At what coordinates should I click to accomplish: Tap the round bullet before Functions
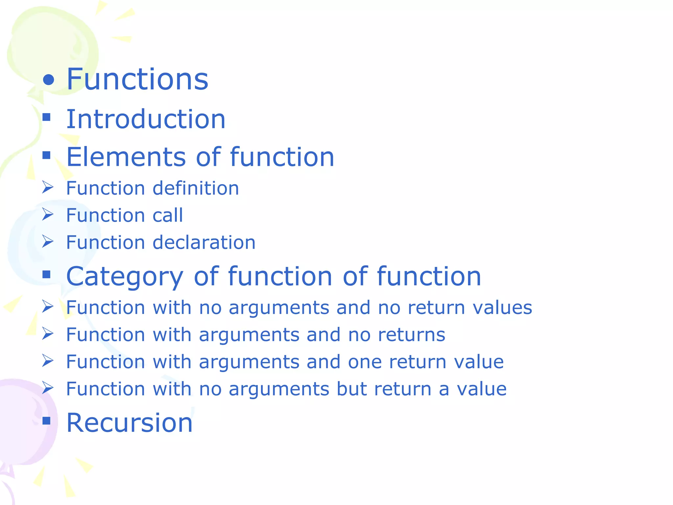coord(49,80)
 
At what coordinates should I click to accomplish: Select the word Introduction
coord(146,119)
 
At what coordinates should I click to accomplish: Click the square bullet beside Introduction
coord(47,117)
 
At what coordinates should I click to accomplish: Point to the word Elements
coord(126,157)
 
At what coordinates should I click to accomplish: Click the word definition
coord(196,188)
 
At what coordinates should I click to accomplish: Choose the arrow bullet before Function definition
coord(48,187)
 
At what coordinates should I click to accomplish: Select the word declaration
coord(204,243)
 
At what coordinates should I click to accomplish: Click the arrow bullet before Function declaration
coord(48,242)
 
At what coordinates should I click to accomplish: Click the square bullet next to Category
coord(47,274)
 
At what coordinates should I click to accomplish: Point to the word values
coord(502,308)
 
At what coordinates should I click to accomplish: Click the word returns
coord(412,335)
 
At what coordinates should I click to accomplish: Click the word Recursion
coord(129,423)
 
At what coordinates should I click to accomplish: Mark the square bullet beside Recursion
coord(47,421)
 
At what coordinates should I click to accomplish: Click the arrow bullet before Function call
coord(48,214)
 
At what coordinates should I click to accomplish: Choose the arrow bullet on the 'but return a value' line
coord(48,388)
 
